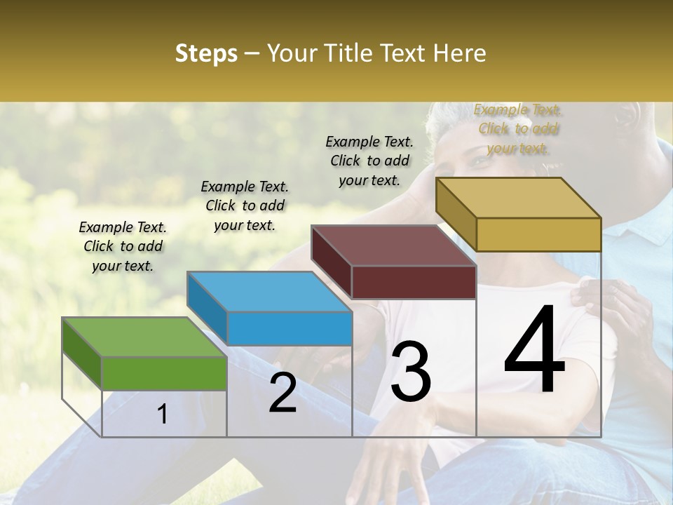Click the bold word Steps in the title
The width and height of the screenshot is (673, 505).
206,53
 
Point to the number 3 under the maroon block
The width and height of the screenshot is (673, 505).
410,372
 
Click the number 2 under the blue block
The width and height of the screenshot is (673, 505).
283,393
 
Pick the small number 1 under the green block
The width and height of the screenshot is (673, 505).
163,415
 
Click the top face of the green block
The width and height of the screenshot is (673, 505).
144,337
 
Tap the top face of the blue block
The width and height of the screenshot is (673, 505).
269,291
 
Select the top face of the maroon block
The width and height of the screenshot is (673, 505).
394,245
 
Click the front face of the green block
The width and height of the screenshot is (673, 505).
165,373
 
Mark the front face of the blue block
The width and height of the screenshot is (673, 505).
290,328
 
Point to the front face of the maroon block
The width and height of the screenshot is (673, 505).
414,282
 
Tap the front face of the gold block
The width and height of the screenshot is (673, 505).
538,234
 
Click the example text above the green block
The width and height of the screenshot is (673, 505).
123,246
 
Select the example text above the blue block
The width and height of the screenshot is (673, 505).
245,206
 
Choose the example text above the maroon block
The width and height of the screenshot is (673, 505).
369,161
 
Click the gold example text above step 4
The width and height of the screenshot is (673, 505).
517,128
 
